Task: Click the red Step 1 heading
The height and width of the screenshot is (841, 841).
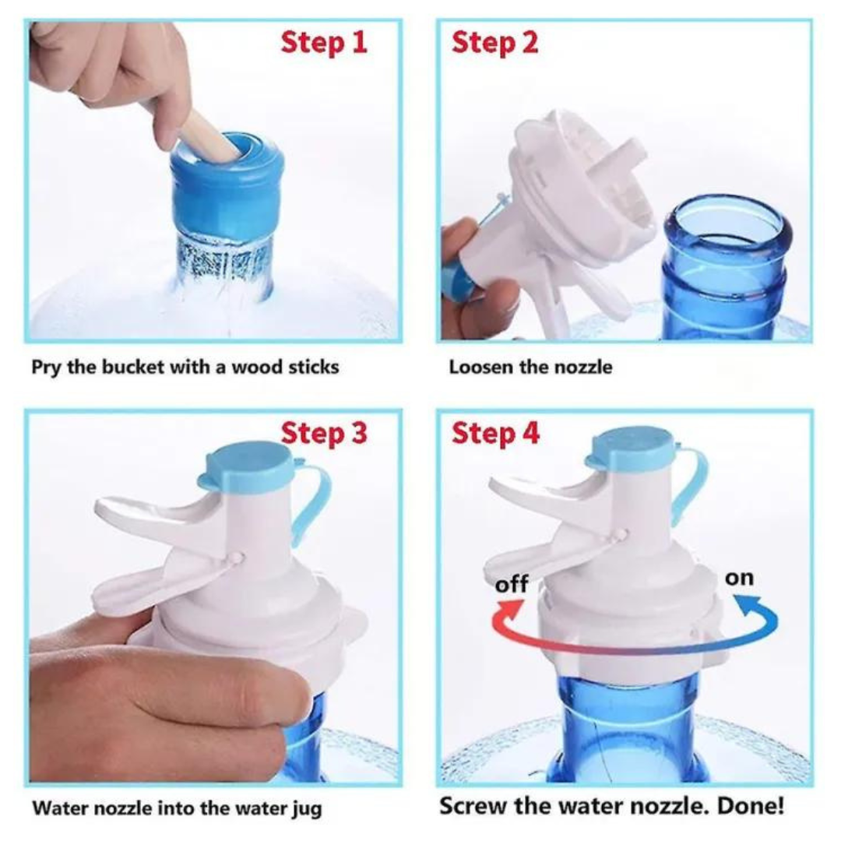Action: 324,42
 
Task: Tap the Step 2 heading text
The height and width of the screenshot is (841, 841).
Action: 494,42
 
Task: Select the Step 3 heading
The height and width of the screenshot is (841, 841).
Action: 324,433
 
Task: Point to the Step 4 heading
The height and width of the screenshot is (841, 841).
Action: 495,433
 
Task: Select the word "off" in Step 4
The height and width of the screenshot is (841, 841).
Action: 512,583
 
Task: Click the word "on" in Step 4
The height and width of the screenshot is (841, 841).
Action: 740,578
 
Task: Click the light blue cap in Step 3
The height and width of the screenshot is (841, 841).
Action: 247,464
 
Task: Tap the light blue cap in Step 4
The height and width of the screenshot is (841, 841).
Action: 631,449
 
